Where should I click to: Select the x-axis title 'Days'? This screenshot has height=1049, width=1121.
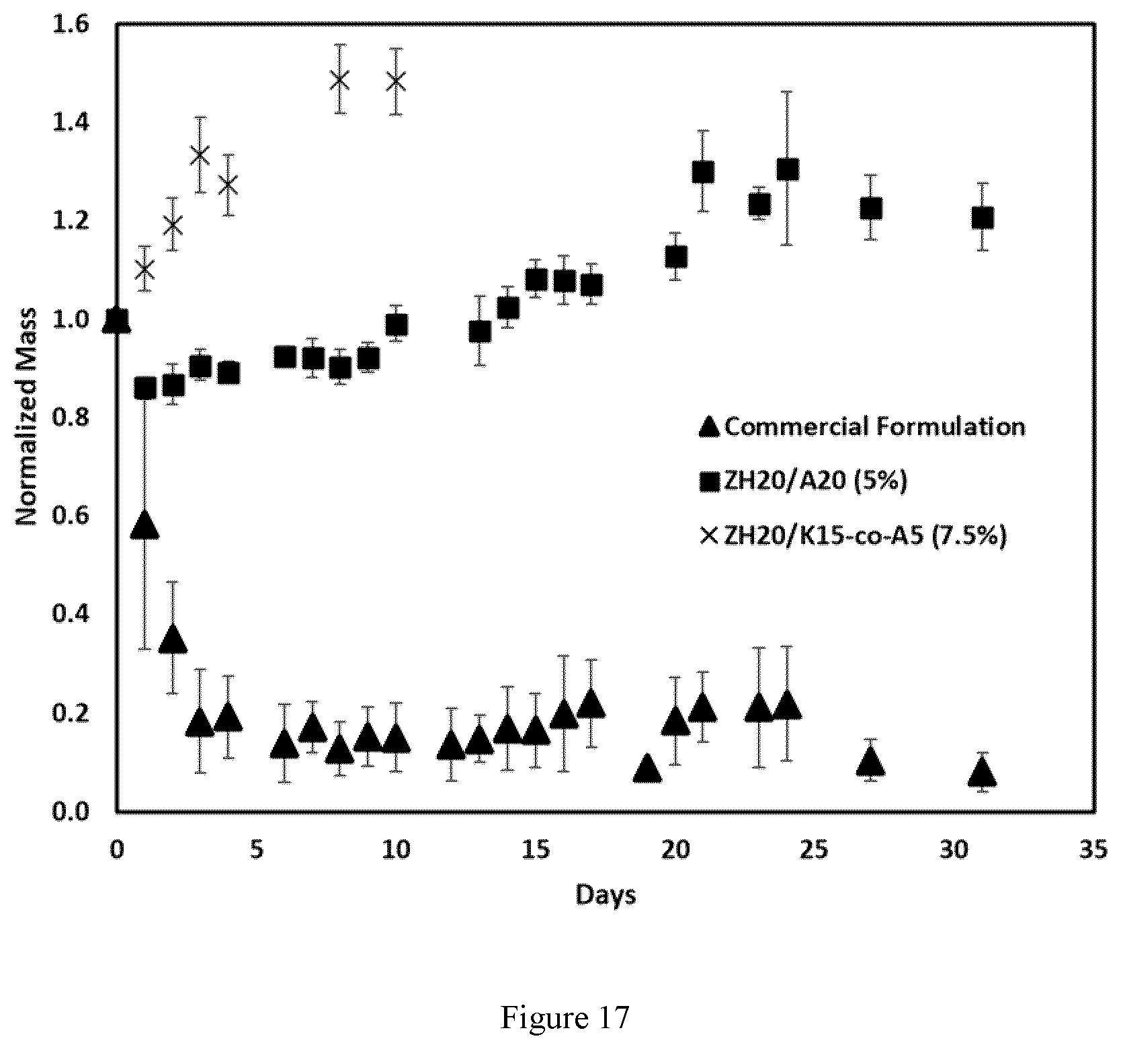[606, 895]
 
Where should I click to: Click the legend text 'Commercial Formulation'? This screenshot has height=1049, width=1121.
[874, 427]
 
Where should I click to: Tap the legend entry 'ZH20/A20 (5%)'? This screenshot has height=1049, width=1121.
[804, 481]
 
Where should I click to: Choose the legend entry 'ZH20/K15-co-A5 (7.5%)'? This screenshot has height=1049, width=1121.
[854, 536]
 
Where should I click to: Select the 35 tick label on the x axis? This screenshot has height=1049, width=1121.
[1095, 851]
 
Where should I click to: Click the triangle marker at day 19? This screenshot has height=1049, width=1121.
[647, 768]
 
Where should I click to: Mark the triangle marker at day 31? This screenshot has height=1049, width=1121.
[983, 773]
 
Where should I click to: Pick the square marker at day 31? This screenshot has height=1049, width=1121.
[983, 217]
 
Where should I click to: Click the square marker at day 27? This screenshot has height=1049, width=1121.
[871, 208]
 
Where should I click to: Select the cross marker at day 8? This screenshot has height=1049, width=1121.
[340, 79]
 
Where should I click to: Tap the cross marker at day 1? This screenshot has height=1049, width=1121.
[144, 270]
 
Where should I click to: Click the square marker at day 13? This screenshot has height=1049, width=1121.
[479, 332]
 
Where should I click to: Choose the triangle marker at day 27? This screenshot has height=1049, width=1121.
[871, 761]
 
